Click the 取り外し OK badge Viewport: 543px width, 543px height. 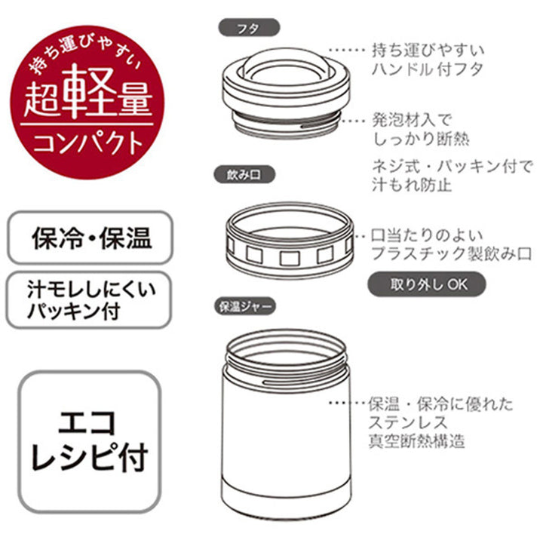coord(427,285)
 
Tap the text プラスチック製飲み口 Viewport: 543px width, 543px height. coord(452,253)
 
